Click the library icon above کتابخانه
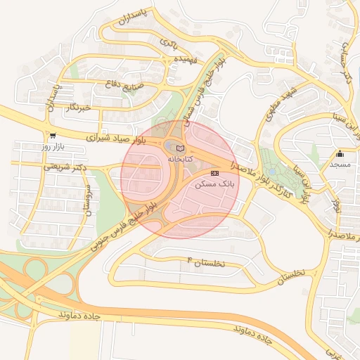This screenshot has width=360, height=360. [180, 148]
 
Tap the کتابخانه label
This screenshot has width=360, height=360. [180, 160]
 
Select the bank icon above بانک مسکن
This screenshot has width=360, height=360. [214, 172]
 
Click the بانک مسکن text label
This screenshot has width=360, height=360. [214, 184]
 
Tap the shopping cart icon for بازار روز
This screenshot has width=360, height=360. [53, 136]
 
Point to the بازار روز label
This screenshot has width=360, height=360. [53, 147]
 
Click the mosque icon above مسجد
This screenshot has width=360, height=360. [340, 153]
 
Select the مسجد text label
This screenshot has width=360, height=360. [340, 164]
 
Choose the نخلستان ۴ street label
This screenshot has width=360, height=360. [205, 262]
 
